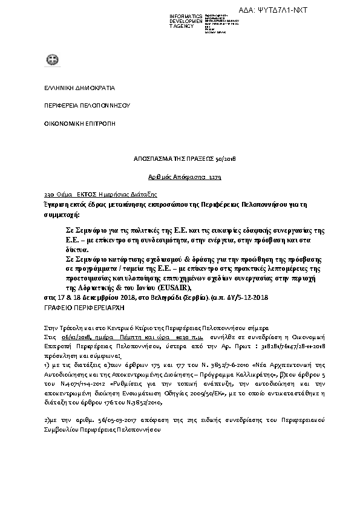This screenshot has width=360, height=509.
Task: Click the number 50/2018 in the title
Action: click(226, 158)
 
